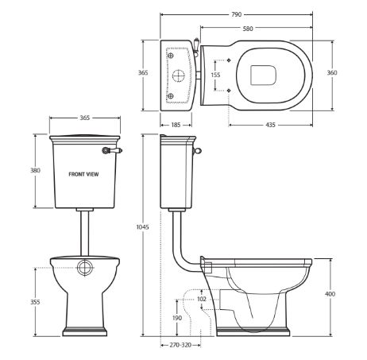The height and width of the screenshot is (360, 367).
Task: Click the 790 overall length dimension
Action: (x=237, y=14)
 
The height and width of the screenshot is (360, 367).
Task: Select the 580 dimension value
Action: (x=248, y=29)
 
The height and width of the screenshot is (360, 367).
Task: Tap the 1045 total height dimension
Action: (x=142, y=227)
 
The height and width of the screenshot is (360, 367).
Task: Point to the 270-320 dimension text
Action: (x=180, y=345)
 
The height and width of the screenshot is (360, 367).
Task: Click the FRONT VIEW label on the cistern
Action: (x=83, y=174)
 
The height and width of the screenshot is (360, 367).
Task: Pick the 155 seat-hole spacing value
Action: (x=215, y=75)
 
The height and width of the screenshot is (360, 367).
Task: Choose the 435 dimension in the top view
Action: (x=270, y=125)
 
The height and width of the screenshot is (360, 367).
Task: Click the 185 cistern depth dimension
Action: (x=176, y=125)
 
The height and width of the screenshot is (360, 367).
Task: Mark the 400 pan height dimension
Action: (x=330, y=294)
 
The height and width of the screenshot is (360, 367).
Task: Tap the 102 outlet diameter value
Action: (x=202, y=299)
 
